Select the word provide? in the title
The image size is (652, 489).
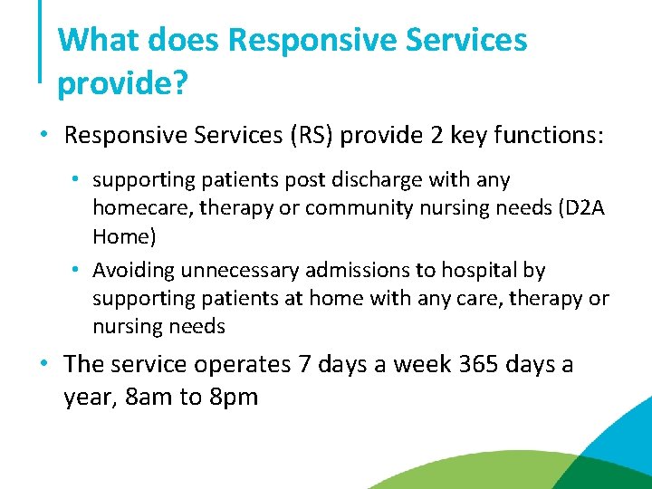pos(122,83)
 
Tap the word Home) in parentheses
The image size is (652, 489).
pos(124,236)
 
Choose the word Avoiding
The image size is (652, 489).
pos(133,270)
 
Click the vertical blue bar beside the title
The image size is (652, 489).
pos(41,41)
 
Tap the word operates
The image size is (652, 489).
pos(235,365)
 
